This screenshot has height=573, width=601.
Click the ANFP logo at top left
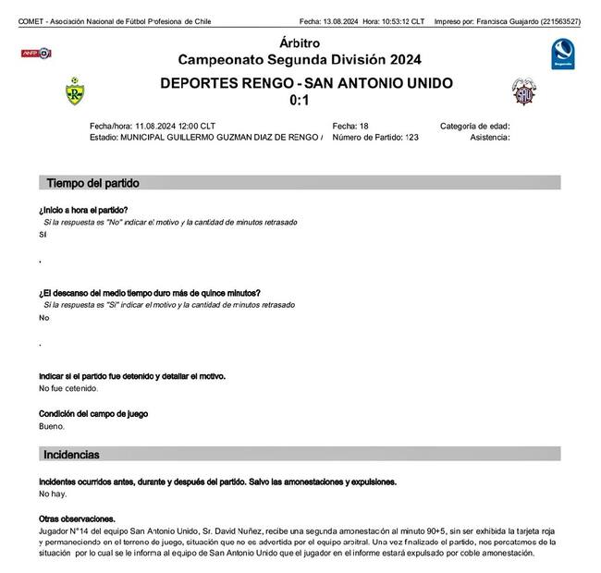36,54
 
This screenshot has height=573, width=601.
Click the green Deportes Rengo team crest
74,91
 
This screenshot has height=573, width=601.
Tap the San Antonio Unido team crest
524,91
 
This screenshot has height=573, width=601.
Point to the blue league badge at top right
562,53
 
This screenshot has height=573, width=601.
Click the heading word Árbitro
299,43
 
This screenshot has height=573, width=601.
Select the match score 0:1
299,100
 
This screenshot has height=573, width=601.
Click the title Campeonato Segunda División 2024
299,60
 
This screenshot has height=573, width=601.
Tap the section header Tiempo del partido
93,183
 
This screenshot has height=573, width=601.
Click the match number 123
411,137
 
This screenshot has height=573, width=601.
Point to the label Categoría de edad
475,126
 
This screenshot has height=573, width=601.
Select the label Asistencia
490,137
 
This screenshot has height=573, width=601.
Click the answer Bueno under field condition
52,426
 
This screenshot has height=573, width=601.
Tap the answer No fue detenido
68,388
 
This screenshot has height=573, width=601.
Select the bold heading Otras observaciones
77,518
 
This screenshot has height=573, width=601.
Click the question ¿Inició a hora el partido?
83,210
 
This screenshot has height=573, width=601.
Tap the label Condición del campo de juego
93,414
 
